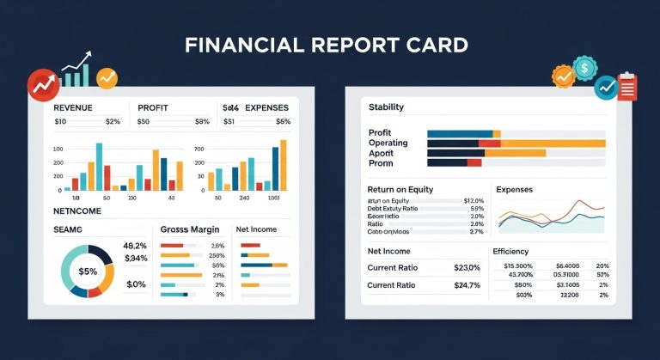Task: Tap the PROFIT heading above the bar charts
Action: click(155, 108)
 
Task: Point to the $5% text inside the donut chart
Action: click(88, 272)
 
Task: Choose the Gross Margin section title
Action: click(190, 230)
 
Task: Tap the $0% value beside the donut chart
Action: click(135, 284)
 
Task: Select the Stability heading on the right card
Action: click(386, 107)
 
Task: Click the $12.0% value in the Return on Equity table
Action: click(474, 201)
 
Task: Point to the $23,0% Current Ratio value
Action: click(467, 268)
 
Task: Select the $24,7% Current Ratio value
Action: click(467, 285)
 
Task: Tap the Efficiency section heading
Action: click(516, 251)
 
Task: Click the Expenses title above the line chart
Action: click(514, 189)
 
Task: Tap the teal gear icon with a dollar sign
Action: click(585, 67)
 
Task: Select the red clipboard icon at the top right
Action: click(627, 86)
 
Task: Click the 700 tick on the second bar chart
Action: click(199, 149)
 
